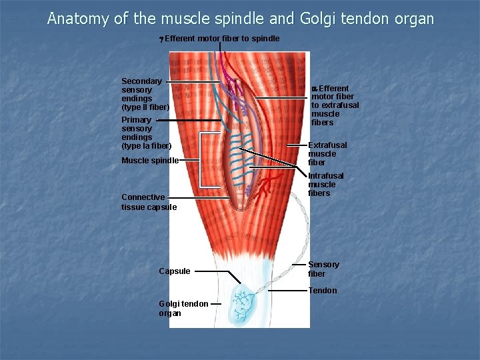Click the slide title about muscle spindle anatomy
pos(240,19)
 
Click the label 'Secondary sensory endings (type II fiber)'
pos(145,94)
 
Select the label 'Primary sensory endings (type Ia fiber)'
pos(145,133)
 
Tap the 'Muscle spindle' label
pos(149,161)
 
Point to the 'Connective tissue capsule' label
pos(149,202)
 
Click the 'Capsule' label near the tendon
pos(174,271)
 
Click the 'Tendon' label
pos(322,291)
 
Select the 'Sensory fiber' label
pos(323,269)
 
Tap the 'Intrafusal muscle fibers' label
pos(325,185)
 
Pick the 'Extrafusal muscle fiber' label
pos(327,154)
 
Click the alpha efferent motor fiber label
pos(334,105)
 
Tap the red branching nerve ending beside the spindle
pos(266,187)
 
